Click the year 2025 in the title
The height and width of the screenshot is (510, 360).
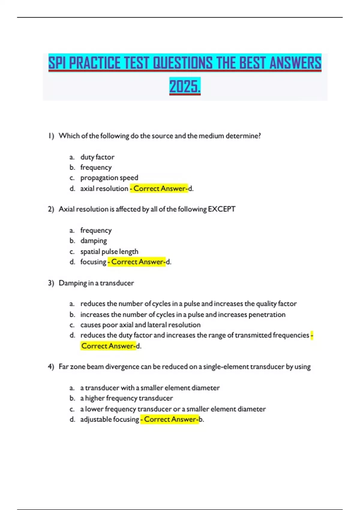pos(184,87)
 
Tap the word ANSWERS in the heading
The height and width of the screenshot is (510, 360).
pos(295,63)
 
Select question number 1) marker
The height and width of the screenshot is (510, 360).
pos(51,136)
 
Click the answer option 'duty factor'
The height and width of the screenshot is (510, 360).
pos(97,157)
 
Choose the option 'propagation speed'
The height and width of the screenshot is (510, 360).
pos(109,178)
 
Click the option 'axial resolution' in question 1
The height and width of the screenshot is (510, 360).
pos(104,188)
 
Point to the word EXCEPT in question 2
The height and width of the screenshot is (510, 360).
pos(221,209)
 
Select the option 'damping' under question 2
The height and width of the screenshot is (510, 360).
pos(93,241)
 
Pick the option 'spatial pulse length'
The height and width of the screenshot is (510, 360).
pos(109,251)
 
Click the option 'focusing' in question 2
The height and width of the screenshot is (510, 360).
pos(93,262)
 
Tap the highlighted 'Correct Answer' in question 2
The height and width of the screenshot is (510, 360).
pos(137,262)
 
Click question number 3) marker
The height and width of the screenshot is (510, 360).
pos(51,283)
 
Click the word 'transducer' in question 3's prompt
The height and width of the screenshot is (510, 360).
pos(117,283)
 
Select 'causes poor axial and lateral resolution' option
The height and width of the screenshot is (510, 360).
pos(140,325)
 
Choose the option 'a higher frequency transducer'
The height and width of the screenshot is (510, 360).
pos(126,398)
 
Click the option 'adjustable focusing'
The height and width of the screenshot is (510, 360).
pos(109,419)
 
